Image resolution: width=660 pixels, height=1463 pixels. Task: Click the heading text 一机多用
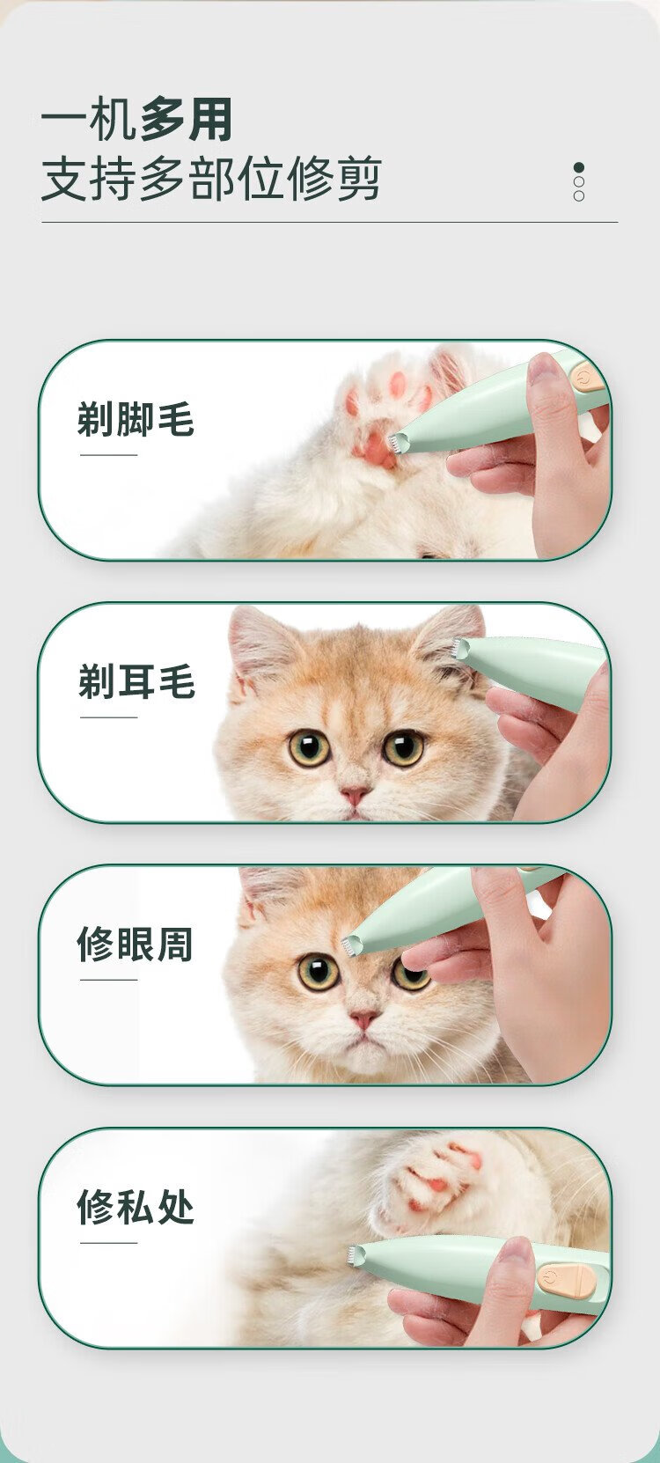click(136, 119)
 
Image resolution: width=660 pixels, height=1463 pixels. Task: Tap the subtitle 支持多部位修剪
click(211, 179)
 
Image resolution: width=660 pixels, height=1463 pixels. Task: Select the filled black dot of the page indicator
click(578, 168)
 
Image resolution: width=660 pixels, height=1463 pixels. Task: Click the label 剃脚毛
click(136, 419)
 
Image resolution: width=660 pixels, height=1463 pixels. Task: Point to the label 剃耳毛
click(136, 680)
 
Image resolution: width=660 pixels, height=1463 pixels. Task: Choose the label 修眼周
click(136, 944)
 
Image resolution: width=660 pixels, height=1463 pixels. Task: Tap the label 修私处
click(136, 1206)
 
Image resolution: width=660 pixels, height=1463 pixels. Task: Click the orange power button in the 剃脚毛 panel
click(581, 379)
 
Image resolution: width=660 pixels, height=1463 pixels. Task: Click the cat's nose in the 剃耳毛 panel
click(355, 795)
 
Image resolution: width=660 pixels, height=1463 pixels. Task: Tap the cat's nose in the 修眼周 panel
click(364, 1018)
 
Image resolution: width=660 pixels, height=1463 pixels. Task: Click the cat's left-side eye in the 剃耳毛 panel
click(309, 748)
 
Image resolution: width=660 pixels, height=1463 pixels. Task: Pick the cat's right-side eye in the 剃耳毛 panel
click(403, 748)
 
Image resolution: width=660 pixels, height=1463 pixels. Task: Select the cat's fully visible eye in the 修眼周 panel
click(319, 971)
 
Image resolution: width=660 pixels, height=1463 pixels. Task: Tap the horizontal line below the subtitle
click(330, 222)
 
